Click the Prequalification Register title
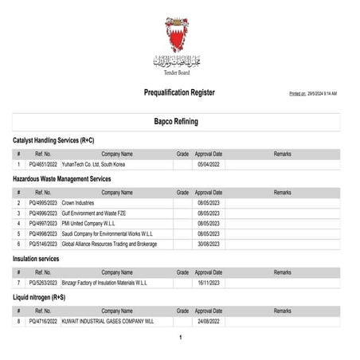[x=179, y=93]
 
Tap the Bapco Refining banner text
[x=180, y=122]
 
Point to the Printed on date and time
[x=313, y=94]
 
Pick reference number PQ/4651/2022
[x=43, y=164]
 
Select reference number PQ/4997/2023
[x=43, y=224]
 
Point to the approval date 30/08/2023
[x=209, y=245]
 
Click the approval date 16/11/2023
[x=209, y=283]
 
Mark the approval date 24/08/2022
[x=209, y=321]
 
